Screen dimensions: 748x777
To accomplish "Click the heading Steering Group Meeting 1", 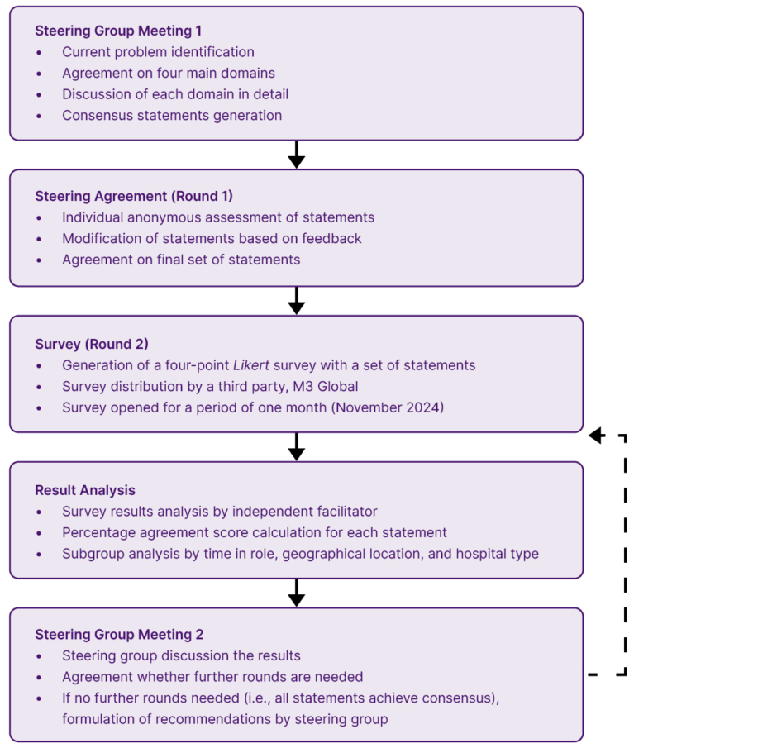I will (x=118, y=31).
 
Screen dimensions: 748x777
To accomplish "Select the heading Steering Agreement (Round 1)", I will (x=134, y=196).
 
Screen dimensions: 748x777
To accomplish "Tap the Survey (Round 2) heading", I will (x=92, y=344).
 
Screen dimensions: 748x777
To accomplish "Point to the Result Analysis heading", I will (x=85, y=490).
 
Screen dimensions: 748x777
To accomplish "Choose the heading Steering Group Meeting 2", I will (x=119, y=635).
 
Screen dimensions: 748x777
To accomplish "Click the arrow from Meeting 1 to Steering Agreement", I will (x=296, y=155).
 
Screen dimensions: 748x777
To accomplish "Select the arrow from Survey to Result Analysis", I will (x=296, y=447).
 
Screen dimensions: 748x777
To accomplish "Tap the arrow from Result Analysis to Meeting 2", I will (x=296, y=593).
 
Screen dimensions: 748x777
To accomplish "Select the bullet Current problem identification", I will (x=158, y=52).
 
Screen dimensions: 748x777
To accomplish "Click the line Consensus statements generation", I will (x=172, y=116).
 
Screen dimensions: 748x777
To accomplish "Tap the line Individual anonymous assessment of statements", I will (x=218, y=217).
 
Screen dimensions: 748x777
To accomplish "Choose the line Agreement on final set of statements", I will (x=181, y=260).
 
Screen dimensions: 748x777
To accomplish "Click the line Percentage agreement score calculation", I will (x=255, y=533).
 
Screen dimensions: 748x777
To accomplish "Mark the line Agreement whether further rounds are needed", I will (x=212, y=677).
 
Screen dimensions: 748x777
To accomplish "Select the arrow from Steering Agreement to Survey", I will (x=296, y=301).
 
